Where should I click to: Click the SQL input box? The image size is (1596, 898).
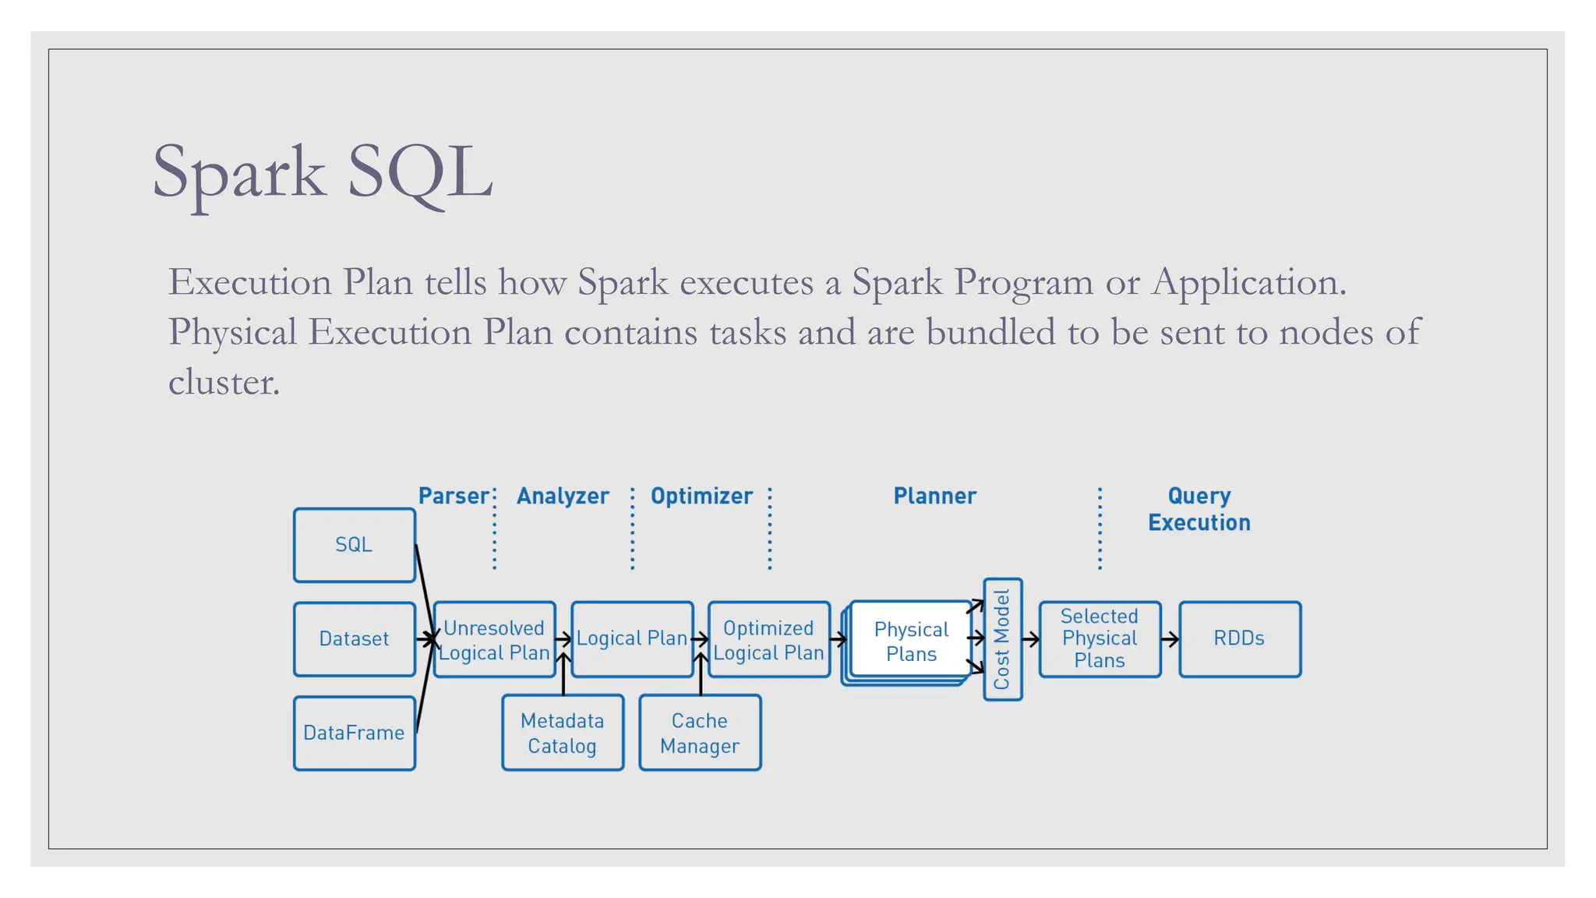354,545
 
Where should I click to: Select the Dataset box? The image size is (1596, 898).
354,639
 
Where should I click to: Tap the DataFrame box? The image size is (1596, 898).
354,733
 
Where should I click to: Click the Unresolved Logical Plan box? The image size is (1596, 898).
494,640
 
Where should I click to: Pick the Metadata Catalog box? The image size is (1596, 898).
563,733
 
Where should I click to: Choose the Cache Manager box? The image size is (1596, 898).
700,733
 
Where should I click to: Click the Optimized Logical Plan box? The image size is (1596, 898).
768,640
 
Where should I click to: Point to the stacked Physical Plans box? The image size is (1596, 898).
910,641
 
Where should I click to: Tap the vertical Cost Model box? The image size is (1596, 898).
1002,639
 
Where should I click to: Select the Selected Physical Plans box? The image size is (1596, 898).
1100,638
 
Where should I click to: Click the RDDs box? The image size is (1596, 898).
1239,638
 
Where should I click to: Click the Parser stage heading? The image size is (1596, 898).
454,496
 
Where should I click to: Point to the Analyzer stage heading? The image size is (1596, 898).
563,496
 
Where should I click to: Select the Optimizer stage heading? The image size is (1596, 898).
701,496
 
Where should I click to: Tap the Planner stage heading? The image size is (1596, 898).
934,496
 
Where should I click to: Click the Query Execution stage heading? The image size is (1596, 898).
1199,509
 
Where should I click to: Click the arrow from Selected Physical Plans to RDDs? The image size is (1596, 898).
1170,639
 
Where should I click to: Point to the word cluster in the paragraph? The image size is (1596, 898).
224,382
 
